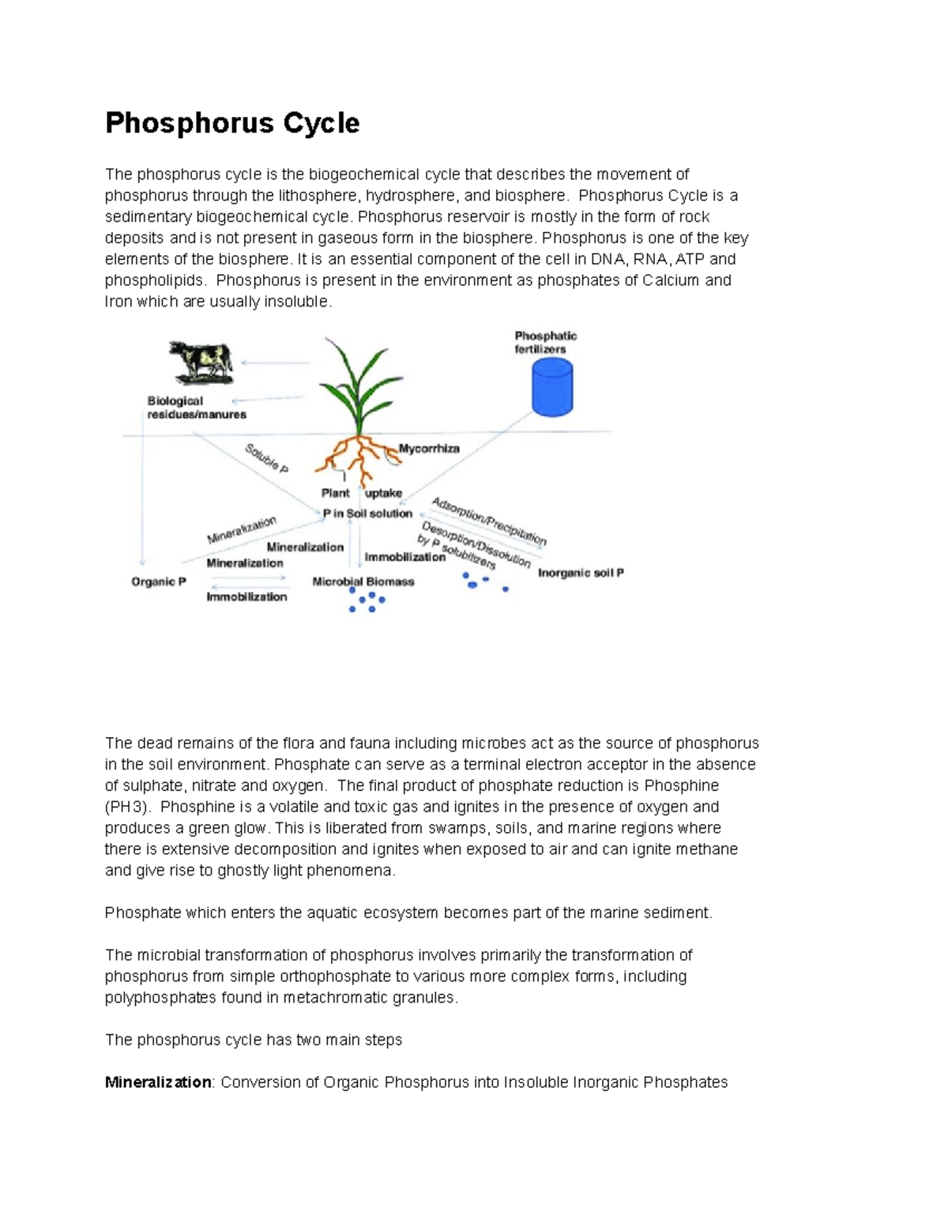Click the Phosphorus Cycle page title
232,123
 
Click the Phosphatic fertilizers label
546,342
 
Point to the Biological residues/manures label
197,408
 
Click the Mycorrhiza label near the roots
428,448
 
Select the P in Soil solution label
367,514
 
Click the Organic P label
159,582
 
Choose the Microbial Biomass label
363,582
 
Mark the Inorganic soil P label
581,573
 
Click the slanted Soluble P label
266,458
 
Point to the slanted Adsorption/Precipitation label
489,521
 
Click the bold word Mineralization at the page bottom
158,1082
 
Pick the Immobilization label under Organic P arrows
246,597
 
